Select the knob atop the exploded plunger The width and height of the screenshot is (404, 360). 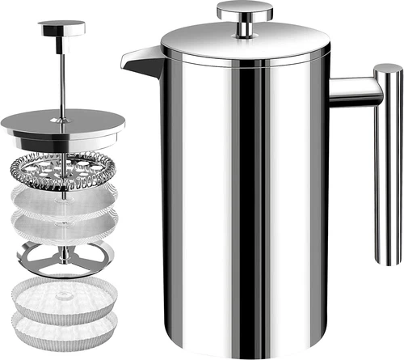(x=61, y=28)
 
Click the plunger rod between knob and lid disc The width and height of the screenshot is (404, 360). (x=62, y=73)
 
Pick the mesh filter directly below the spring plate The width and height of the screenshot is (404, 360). (x=62, y=195)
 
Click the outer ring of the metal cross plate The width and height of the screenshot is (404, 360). (x=32, y=256)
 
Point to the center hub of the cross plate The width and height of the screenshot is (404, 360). (x=63, y=257)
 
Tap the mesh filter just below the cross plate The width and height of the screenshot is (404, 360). (x=62, y=293)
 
